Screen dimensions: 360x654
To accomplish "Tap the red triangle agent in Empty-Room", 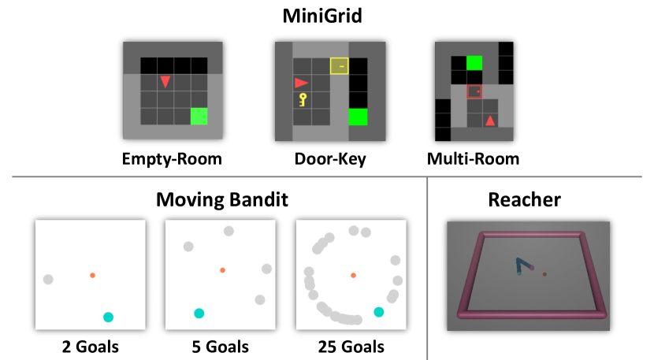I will pos(165,81).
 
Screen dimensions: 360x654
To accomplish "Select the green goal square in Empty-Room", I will pos(199,116).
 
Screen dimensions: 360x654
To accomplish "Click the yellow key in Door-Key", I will pos(303,99).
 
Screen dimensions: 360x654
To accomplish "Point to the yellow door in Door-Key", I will pos(340,66).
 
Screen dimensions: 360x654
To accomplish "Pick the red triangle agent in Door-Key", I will pos(301,82).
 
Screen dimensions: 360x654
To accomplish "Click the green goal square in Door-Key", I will pos(358,117).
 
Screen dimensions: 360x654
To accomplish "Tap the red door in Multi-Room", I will pos(474,92).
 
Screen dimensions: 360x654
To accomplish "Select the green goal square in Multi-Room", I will pos(474,63).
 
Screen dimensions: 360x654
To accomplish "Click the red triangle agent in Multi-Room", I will pos(490,121).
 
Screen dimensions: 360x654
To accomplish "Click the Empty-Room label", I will pos(172,159).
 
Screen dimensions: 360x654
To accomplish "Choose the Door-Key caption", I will pos(329,159).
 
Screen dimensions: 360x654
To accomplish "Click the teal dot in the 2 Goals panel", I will pos(108,317).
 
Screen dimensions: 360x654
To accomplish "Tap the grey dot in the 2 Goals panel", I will pos(48,279).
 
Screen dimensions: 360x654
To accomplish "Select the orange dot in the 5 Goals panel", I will pos(222,270).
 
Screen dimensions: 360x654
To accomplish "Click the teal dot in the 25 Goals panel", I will pos(379,312).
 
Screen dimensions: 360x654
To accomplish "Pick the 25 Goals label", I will pos(351,347).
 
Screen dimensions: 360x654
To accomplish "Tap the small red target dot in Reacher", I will pos(544,274).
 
